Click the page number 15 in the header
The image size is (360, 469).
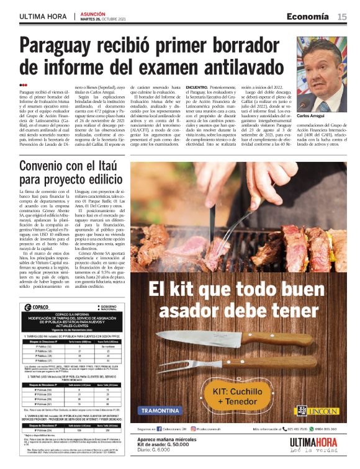pos(342,17)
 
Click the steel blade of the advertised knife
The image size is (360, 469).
pos(199,339)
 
